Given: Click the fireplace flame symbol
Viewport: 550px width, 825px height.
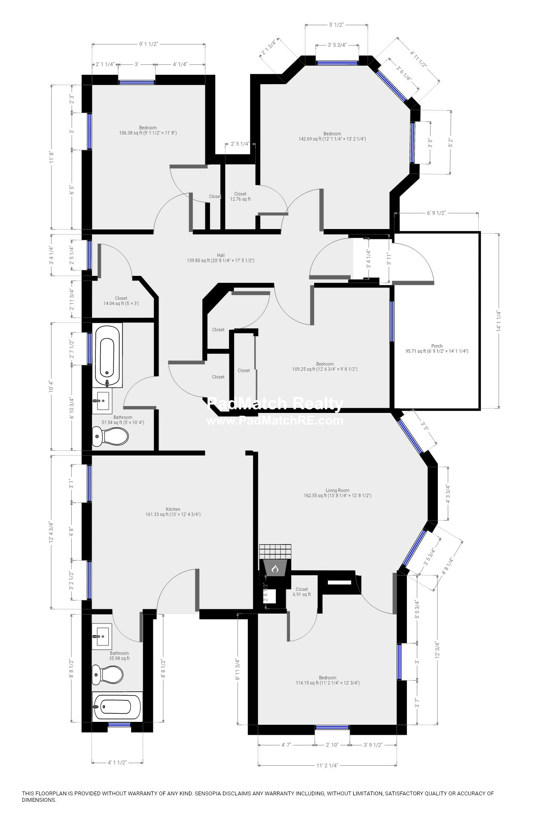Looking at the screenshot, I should point(275,569).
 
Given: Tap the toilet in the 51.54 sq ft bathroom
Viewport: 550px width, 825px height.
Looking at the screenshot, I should point(110,438).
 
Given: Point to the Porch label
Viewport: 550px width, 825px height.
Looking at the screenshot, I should point(437,346).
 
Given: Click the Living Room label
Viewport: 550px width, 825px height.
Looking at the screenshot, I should point(337,490).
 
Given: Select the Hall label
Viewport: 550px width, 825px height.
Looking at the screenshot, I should point(220,255).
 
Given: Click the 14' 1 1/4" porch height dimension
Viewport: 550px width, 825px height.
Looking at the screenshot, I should point(498,321).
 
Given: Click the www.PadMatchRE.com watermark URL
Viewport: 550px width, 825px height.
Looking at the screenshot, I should point(275,420).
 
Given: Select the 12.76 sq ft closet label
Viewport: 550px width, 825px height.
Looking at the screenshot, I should point(240,196).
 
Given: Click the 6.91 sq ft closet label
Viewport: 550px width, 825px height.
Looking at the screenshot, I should point(301,592).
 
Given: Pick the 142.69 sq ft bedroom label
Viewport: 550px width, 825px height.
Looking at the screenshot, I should point(332,136).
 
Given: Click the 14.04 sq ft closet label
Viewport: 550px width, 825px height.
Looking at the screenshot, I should point(121,301).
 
